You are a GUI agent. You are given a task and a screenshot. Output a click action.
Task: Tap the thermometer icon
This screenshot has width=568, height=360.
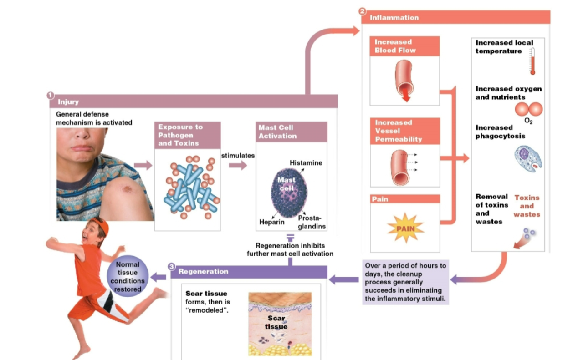pyautogui.click(x=532, y=61)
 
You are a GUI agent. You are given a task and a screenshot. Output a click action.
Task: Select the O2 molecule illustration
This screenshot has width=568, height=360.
pyautogui.click(x=529, y=109)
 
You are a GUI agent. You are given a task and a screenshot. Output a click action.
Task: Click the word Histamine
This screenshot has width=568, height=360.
pyautogui.click(x=306, y=162)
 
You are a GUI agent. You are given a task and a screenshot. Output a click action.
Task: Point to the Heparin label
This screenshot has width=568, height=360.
pyautogui.click(x=272, y=222)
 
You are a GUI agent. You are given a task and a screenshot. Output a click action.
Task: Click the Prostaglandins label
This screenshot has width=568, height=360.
pyautogui.click(x=311, y=222)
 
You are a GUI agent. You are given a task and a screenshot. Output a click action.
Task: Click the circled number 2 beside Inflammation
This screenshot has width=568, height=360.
pyautogui.click(x=363, y=11)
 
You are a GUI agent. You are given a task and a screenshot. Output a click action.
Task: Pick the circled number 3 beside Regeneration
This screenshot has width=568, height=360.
pyautogui.click(x=172, y=266)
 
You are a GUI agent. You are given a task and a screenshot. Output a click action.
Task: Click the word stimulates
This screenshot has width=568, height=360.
pyautogui.click(x=238, y=156)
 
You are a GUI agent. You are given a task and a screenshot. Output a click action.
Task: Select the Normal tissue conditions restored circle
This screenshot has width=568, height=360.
pyautogui.click(x=128, y=276)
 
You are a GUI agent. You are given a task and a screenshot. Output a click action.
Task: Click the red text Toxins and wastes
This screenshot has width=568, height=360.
pyautogui.click(x=527, y=206)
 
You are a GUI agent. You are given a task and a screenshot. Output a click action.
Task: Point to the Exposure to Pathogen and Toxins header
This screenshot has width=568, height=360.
pyautogui.click(x=187, y=135)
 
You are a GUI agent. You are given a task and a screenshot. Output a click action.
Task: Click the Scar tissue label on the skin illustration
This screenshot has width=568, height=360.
pyautogui.click(x=276, y=322)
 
